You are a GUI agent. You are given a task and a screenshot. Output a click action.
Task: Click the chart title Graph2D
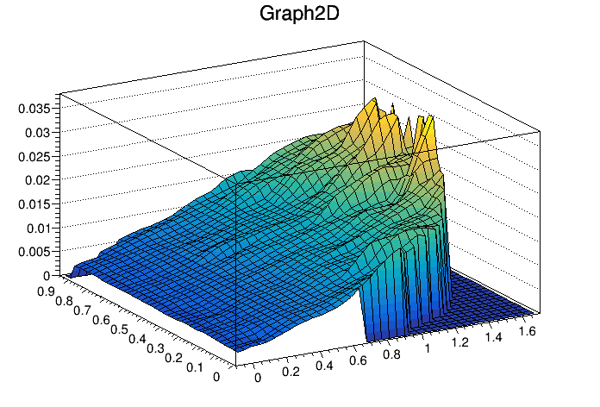[x=299, y=15]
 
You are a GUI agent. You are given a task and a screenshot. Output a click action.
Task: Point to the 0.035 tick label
[x=36, y=109]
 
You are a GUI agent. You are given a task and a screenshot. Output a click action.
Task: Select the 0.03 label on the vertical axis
[x=40, y=133]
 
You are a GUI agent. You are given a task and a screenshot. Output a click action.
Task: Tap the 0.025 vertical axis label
[x=36, y=156]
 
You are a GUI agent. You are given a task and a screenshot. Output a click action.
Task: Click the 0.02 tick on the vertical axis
[x=40, y=180]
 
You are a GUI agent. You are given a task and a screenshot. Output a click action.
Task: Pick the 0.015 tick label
[x=36, y=204]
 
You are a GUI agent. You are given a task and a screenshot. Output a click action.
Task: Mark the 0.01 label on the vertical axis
[x=40, y=228]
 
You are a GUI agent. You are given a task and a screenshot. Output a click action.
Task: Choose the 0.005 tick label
[x=36, y=252]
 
